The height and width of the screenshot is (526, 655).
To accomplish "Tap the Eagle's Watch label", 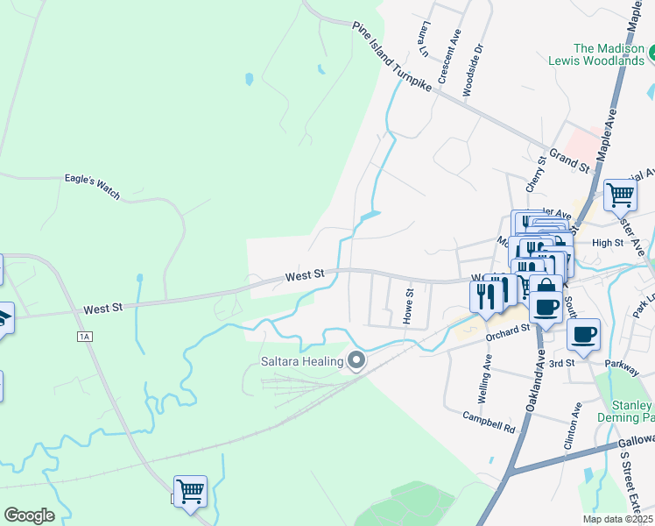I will coord(92,185).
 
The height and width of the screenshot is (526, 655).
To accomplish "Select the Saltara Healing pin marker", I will coord(356,360).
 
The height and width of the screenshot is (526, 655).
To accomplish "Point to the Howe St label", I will coord(408,306).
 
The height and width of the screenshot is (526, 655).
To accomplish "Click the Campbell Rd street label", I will coord(489,421).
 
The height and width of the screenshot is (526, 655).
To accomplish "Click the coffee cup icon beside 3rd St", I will coord(583,334).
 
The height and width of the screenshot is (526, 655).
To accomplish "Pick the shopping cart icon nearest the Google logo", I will coord(190,492).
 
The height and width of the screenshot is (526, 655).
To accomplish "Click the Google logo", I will coord(29,515).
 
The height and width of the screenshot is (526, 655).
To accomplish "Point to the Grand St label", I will coord(569,160).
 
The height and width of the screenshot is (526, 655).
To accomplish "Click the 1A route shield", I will coord(84,337).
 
